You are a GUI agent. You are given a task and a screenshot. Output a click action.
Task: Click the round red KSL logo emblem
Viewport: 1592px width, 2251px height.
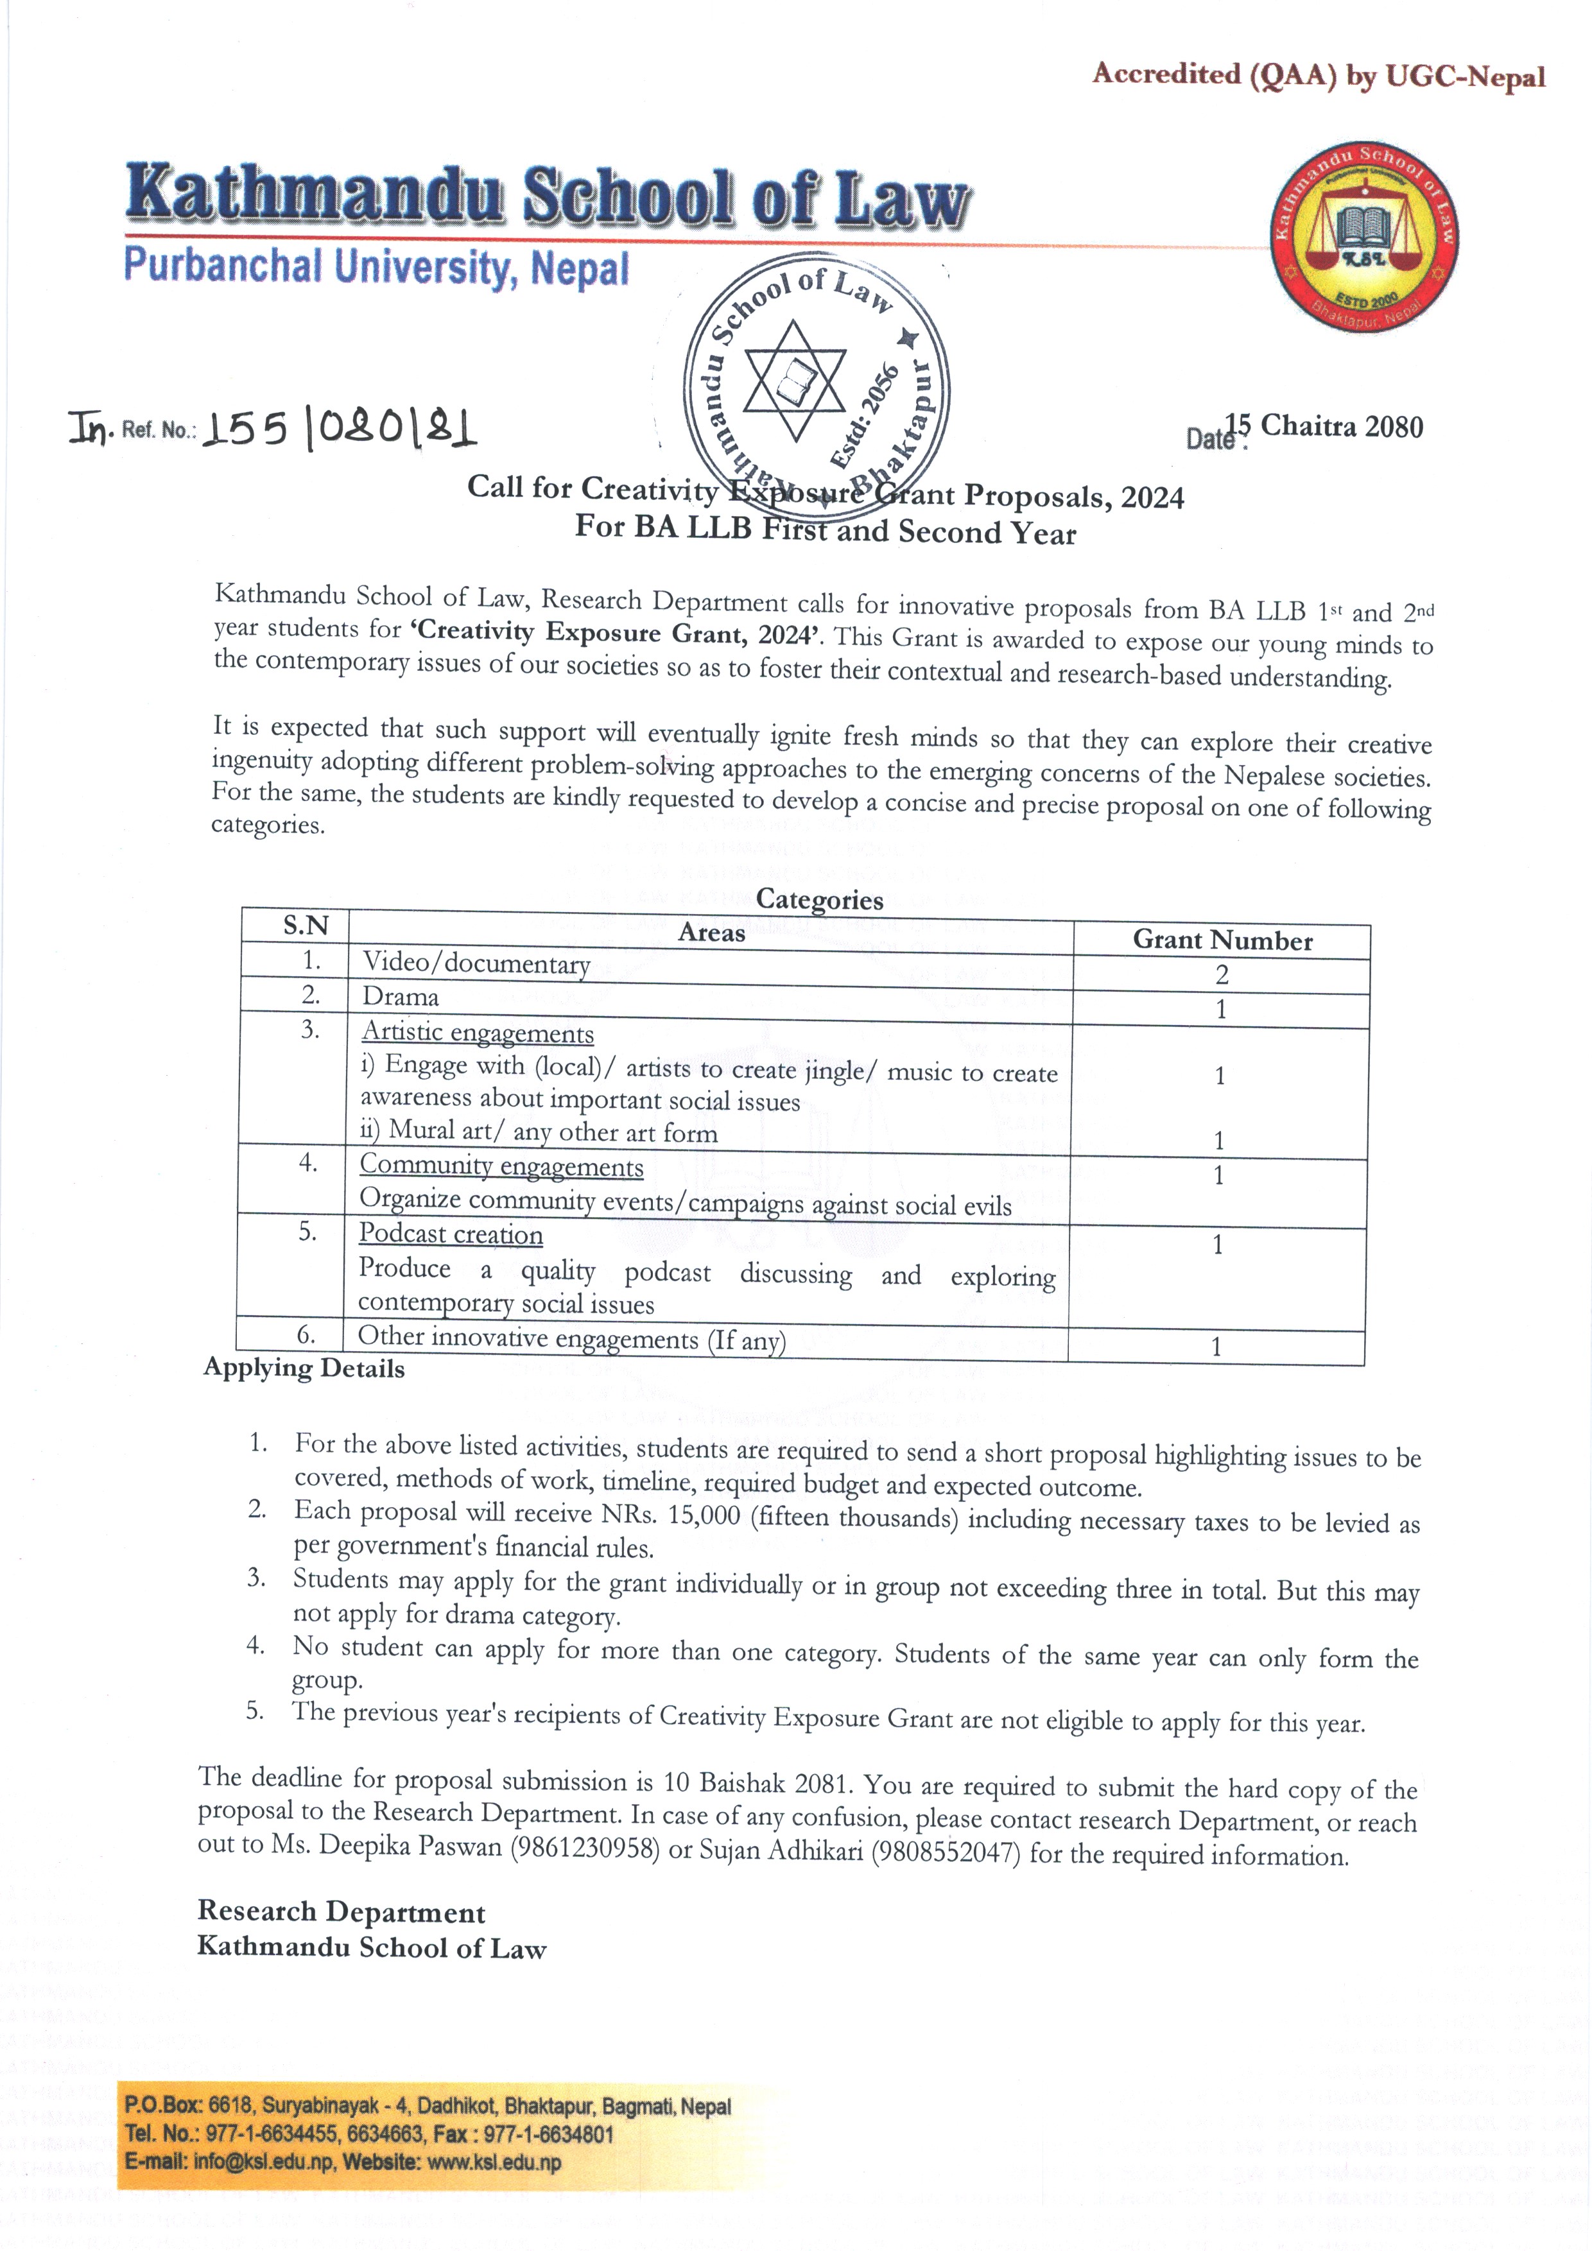click(1363, 237)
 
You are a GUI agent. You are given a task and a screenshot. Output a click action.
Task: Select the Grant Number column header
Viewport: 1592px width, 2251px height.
click(1222, 940)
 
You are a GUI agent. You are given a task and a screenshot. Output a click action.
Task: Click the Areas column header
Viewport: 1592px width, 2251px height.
click(712, 933)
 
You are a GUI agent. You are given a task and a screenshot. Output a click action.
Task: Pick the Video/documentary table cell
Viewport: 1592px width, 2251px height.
click(476, 963)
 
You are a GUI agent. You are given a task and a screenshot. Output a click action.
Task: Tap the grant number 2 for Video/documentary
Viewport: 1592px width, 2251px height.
click(1222, 974)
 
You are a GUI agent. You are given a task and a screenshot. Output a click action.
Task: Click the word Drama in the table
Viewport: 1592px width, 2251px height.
click(400, 997)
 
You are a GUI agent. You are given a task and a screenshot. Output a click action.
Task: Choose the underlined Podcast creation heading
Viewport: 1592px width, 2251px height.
click(450, 1234)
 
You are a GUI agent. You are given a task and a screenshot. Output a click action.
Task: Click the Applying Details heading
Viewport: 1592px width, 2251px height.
click(304, 1368)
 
